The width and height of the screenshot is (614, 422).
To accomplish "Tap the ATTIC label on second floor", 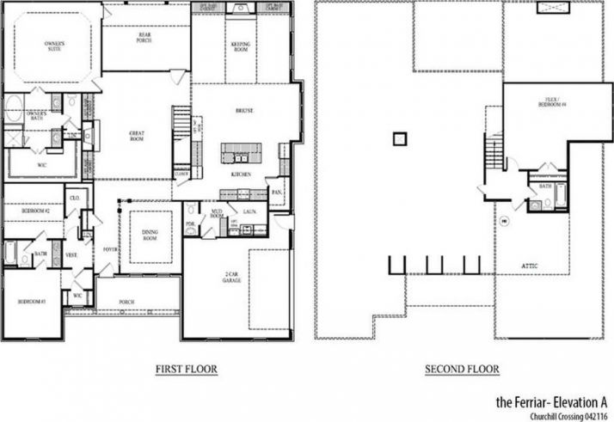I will (531, 266).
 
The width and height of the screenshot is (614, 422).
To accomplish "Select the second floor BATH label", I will (545, 186).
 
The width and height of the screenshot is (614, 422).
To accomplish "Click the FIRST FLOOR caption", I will (186, 370).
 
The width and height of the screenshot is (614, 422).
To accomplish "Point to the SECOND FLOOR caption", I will (462, 370).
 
